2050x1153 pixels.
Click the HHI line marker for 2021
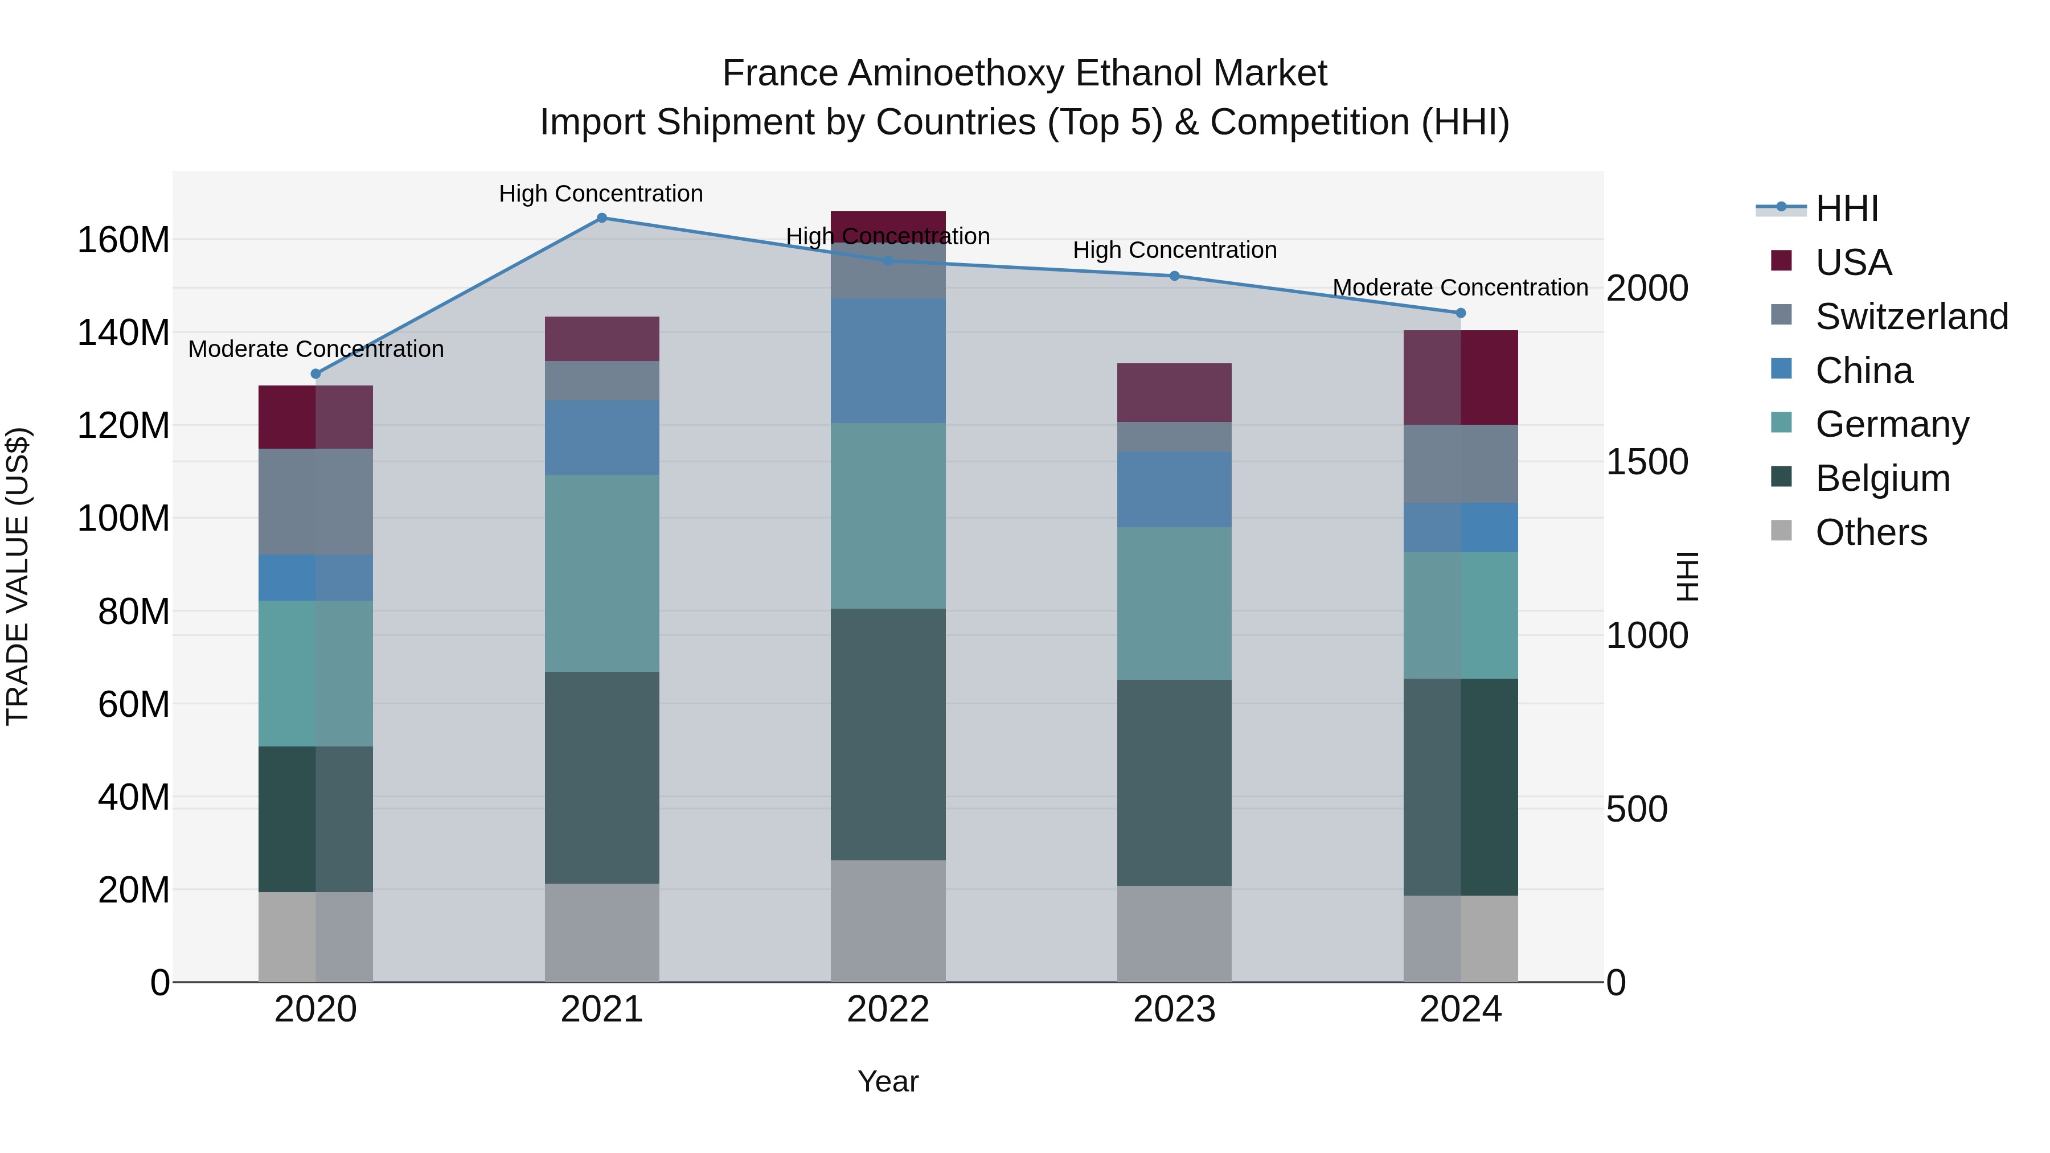pyautogui.click(x=602, y=218)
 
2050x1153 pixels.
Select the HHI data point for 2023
pyautogui.click(x=1175, y=276)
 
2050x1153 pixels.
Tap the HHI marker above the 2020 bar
pyautogui.click(x=316, y=374)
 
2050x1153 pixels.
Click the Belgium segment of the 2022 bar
pyautogui.click(x=888, y=734)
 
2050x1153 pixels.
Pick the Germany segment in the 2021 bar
pyautogui.click(x=602, y=573)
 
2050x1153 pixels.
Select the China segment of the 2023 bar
pyautogui.click(x=1175, y=489)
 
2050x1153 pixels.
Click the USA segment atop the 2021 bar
pyautogui.click(x=602, y=339)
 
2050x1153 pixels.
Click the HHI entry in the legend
pyautogui.click(x=1846, y=208)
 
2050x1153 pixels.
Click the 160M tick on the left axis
pyautogui.click(x=124, y=240)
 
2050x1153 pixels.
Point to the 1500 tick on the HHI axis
pyautogui.click(x=1646, y=462)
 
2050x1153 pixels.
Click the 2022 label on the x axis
pyautogui.click(x=888, y=1010)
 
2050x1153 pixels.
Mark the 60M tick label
pyautogui.click(x=134, y=704)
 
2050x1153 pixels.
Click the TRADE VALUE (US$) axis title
pyautogui.click(x=18, y=576)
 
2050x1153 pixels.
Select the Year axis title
pyautogui.click(x=888, y=1081)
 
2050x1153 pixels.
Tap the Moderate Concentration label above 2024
pyautogui.click(x=1460, y=288)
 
